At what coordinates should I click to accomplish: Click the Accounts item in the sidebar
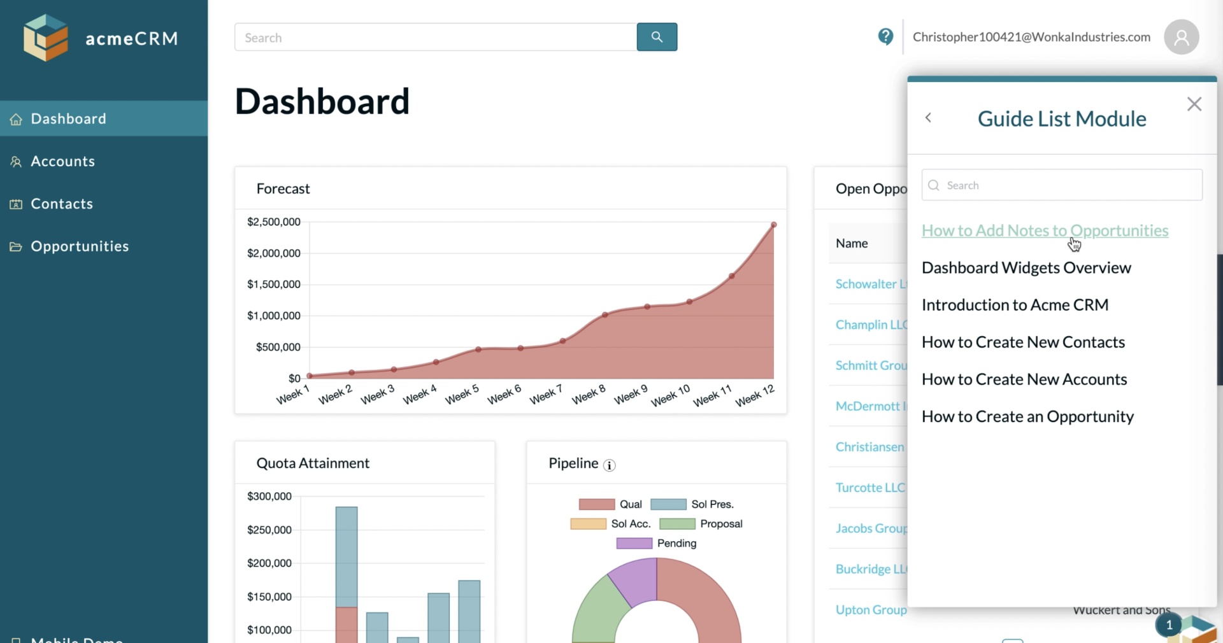click(62, 162)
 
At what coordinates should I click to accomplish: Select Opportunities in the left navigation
click(79, 246)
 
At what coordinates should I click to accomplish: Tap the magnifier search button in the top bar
click(657, 37)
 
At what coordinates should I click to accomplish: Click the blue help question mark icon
click(885, 37)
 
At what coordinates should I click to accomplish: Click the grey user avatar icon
click(1181, 37)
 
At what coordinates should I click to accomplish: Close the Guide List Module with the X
click(1194, 104)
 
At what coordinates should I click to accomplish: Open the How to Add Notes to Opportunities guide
click(1045, 230)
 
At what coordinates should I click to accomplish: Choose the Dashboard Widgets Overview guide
click(1026, 268)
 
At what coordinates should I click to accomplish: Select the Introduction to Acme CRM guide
click(1015, 305)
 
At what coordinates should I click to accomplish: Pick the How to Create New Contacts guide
click(1023, 343)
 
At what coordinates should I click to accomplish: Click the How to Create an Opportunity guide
click(1027, 417)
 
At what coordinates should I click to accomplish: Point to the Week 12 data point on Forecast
click(774, 225)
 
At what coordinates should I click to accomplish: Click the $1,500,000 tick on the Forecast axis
click(274, 285)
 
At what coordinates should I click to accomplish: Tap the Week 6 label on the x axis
click(504, 395)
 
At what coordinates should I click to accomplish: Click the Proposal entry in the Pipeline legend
click(720, 524)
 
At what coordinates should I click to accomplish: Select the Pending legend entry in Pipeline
click(676, 544)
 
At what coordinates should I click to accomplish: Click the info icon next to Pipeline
click(610, 465)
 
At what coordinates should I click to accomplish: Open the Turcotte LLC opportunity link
click(870, 488)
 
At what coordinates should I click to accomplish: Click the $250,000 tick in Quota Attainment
click(269, 530)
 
